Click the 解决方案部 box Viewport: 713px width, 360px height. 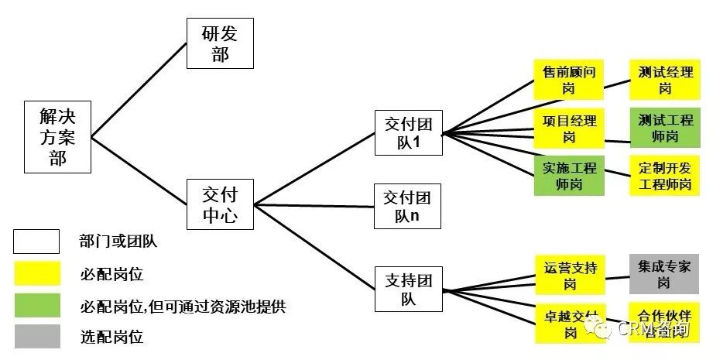[58, 137]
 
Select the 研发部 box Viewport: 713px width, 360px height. [220, 43]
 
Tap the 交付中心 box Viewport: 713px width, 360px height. [220, 204]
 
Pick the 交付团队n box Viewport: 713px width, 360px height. [407, 206]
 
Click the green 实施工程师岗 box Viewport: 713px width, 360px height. [569, 176]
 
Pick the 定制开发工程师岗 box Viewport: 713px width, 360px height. [665, 176]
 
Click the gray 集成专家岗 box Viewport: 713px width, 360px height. [665, 274]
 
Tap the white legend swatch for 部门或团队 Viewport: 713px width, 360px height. [36, 242]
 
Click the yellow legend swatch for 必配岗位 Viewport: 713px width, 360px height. [36, 273]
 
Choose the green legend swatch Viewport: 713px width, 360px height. [36, 305]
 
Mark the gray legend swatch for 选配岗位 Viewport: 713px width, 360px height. [36, 337]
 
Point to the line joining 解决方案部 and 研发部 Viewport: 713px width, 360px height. [139, 91]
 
